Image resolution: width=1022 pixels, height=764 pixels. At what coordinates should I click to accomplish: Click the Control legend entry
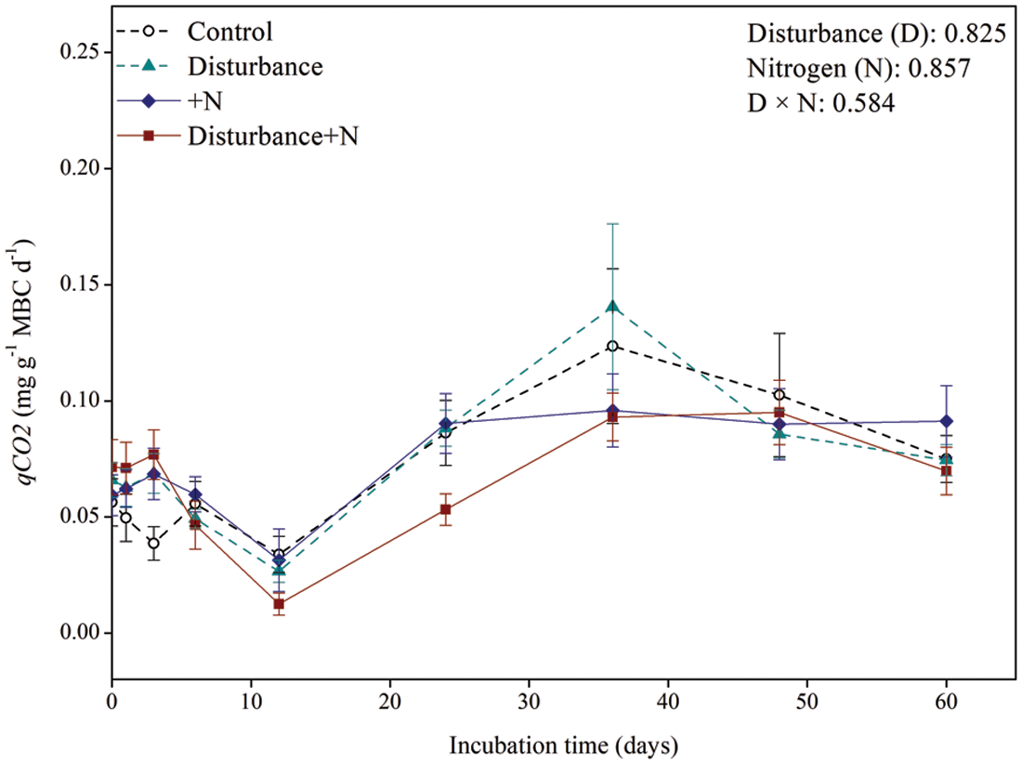(x=229, y=32)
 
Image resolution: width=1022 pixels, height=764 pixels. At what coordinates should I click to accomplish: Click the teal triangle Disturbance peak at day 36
(x=612, y=307)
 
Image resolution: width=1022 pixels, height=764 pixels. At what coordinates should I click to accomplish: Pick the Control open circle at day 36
(x=612, y=346)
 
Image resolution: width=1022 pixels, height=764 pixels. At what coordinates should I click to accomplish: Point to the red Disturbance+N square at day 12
(x=279, y=604)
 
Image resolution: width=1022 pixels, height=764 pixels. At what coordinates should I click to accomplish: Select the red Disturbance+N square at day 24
(x=446, y=509)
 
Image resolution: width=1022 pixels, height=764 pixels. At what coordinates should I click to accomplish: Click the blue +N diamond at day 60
(x=947, y=421)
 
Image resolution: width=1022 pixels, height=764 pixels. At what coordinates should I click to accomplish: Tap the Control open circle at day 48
(x=780, y=395)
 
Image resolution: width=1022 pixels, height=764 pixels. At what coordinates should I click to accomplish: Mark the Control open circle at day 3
(x=153, y=544)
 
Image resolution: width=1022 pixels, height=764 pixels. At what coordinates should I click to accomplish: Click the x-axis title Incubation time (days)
(x=564, y=745)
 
